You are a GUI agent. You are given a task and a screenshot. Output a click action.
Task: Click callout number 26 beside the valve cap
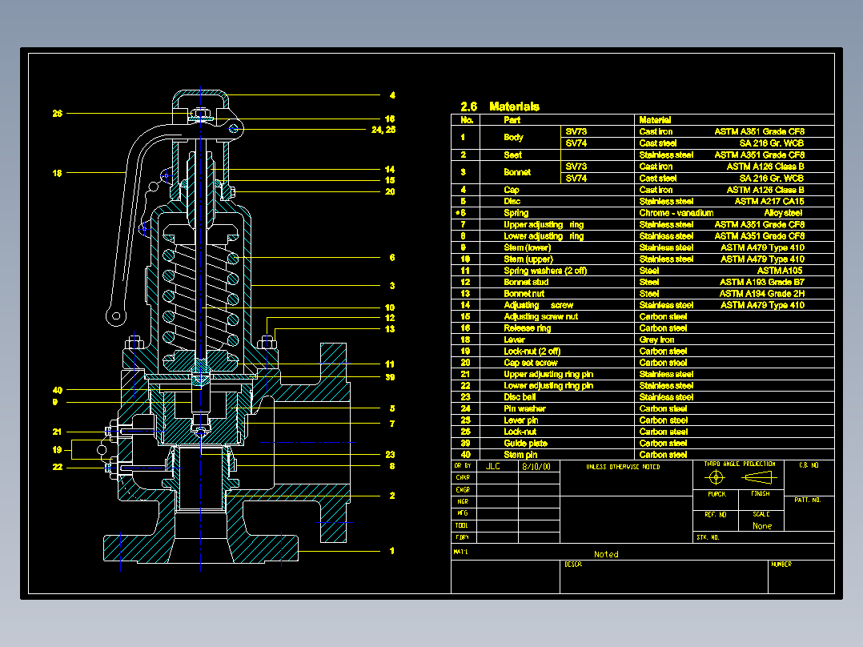tap(58, 114)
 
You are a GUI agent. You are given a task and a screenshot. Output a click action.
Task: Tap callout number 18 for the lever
tap(58, 172)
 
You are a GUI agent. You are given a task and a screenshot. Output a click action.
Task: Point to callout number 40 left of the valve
tap(58, 390)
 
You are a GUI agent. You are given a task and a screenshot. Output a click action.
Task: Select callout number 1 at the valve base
tap(392, 551)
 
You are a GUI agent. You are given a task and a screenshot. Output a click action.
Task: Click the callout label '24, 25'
tap(384, 129)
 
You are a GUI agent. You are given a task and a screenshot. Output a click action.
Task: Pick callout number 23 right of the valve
tap(391, 455)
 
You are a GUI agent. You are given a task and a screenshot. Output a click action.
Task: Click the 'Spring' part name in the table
tap(516, 213)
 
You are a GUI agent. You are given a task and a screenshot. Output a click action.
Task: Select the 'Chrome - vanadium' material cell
tap(676, 213)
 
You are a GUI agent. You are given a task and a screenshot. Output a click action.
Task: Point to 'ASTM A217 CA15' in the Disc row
tap(769, 202)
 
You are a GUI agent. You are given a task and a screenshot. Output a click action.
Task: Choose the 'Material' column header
tap(655, 120)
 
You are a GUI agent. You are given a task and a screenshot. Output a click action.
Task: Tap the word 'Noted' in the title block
tap(606, 554)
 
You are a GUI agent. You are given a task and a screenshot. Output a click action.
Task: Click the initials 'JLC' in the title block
tap(493, 466)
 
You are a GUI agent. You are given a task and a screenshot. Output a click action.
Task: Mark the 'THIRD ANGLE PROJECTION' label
tap(739, 464)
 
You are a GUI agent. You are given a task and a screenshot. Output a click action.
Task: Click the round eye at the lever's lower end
tap(117, 316)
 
